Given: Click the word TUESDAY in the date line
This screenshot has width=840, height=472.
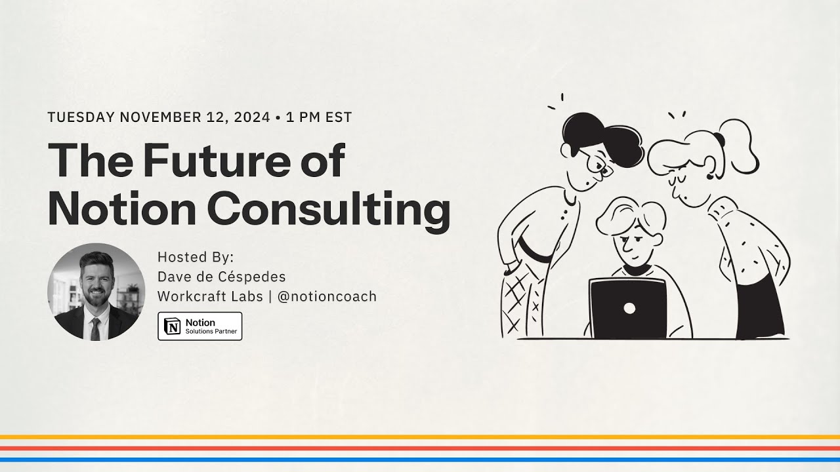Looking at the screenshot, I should coord(81,117).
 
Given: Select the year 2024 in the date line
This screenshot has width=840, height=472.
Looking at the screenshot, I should coord(250,117).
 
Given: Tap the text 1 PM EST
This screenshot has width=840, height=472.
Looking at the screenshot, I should coord(319,117).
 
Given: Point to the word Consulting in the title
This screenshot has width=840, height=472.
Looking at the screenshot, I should coord(329,209).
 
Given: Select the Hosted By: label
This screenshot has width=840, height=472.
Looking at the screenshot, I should coord(196,256).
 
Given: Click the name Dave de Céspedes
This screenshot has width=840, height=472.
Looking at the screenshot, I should coord(221,276).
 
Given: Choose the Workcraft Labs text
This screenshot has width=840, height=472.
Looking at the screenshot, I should coord(209,296).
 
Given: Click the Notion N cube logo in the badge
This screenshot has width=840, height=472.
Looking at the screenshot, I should coord(173,326).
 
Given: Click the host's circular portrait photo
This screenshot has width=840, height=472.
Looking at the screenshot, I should coord(96,292).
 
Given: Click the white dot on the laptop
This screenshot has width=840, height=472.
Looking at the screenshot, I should coord(629,307).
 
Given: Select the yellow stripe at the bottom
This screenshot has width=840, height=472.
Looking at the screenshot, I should coord(420,437).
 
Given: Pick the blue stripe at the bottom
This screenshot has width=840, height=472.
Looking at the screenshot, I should coord(420,459).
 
